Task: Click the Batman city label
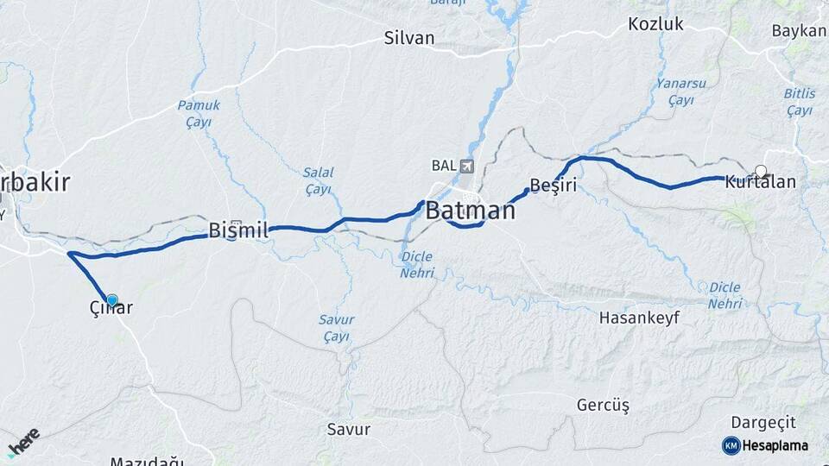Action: [470, 210]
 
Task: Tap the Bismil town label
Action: [238, 230]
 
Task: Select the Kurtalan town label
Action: [760, 182]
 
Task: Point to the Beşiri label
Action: [553, 186]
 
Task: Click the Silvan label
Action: [409, 38]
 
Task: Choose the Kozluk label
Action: [655, 23]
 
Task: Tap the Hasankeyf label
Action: [639, 318]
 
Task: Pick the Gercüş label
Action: [603, 405]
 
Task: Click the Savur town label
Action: [349, 429]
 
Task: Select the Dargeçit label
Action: [763, 422]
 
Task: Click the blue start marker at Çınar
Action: [111, 299]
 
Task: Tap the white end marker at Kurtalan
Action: [761, 171]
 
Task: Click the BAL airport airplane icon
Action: [468, 166]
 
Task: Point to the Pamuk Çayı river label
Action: [199, 113]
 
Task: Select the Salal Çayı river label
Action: [318, 180]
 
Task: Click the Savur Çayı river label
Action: [336, 327]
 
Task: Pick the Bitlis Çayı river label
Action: [799, 102]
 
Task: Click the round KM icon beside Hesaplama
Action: [731, 445]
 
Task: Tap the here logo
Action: [23, 441]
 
